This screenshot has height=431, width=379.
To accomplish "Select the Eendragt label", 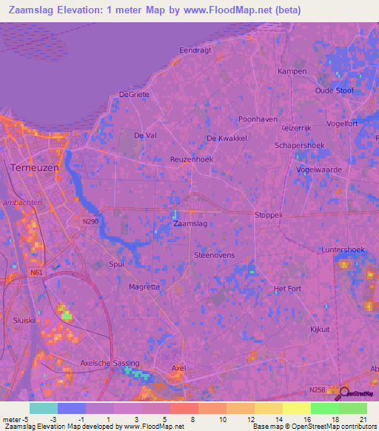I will [195, 50].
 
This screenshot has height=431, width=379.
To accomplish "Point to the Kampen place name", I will [292, 71].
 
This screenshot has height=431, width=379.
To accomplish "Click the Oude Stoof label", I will [335, 90].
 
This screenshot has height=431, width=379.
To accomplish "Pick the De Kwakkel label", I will [227, 138].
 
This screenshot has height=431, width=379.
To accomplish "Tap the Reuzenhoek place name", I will [192, 159].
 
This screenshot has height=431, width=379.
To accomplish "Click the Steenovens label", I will [214, 255].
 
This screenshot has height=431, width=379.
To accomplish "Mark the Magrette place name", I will [144, 287].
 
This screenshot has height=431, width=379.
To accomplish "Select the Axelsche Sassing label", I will [109, 364].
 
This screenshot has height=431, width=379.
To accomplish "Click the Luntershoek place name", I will [343, 250].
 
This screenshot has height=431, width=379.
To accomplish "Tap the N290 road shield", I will [90, 221].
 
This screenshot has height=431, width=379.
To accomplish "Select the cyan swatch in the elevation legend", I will [43, 408].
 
